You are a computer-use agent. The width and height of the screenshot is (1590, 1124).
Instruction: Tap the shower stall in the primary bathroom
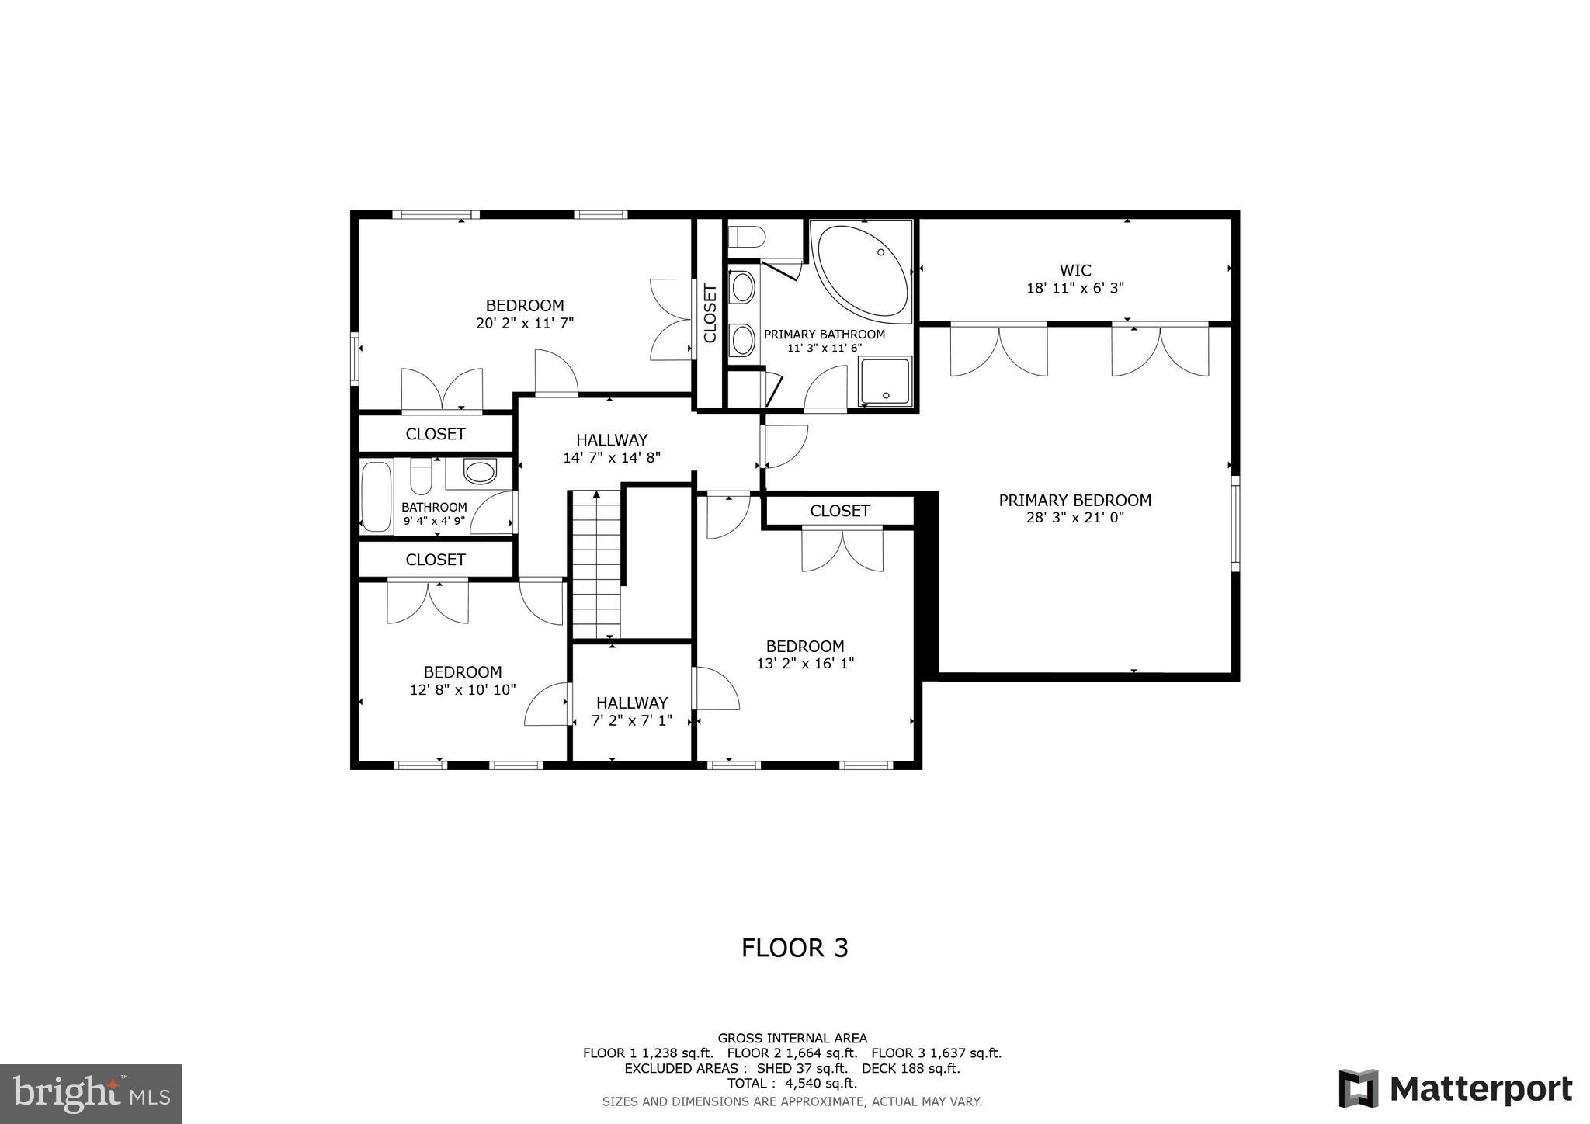pos(885,381)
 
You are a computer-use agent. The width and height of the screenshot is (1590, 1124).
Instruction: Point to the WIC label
pos(1075,270)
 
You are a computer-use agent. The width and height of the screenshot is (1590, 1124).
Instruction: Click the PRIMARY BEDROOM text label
pos(1074,501)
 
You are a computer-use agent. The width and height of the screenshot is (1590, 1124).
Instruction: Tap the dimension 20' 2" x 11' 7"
pos(525,323)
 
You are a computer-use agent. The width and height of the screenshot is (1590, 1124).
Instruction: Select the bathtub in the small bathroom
pos(377,497)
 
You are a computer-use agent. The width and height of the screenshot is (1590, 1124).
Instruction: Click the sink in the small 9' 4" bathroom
pos(479,472)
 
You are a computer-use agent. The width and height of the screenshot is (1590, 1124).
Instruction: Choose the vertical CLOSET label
pos(710,314)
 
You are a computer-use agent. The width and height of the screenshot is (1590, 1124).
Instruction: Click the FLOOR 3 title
pos(794,948)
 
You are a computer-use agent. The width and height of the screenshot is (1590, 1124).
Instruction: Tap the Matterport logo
pos(1456,1088)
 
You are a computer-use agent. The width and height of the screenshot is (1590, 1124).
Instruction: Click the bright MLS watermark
pos(92,1094)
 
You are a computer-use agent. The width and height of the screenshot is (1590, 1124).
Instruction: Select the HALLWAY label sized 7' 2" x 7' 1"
pos(631,702)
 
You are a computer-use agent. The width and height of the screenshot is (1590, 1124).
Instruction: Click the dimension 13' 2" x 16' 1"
pos(805,664)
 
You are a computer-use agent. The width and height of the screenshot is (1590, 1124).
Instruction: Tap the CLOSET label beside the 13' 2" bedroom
pos(839,511)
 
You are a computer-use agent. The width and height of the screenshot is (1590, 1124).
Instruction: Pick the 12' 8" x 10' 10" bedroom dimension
pos(463,689)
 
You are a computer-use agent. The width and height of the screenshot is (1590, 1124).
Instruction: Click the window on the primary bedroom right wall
pos(1235,524)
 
